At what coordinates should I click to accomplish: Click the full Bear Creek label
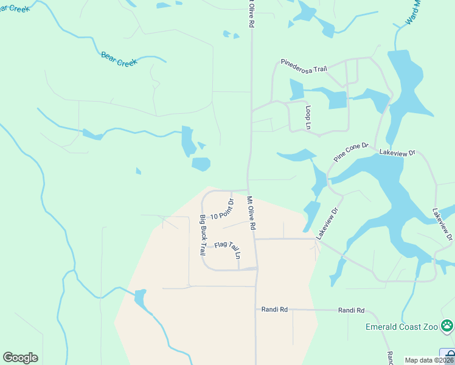point(119,59)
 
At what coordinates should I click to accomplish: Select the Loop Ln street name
point(308,117)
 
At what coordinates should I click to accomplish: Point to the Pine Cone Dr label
point(351,152)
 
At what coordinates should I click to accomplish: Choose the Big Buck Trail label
point(203,235)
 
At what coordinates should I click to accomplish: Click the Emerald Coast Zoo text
point(401,327)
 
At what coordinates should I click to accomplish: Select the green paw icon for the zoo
point(448,325)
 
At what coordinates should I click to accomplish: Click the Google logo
point(20,358)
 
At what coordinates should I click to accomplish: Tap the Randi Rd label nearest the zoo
point(351,310)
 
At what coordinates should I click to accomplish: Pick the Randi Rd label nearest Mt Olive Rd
point(274,310)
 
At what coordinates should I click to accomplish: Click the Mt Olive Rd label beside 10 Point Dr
point(251,212)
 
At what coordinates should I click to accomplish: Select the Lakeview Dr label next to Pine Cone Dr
point(396,153)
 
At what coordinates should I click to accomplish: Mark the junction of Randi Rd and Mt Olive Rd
point(256,310)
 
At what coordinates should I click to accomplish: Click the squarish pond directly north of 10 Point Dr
point(201,164)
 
